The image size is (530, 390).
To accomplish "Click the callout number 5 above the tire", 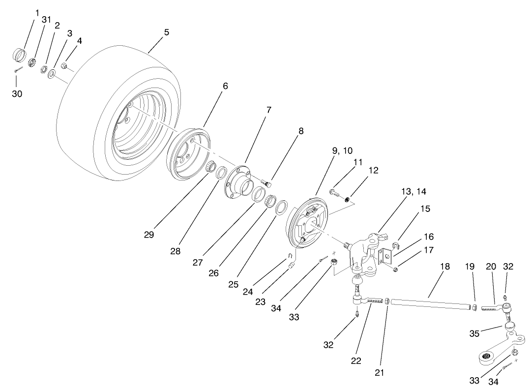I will tap(166, 32).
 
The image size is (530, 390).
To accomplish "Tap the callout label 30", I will tap(17, 93).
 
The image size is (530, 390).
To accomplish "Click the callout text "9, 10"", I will tap(342, 150).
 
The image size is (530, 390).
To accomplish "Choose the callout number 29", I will tap(149, 235).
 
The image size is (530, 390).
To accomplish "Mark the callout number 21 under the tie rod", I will tap(379, 372).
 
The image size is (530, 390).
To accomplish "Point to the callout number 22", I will tap(356, 360).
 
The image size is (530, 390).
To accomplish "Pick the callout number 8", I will tap(301, 131).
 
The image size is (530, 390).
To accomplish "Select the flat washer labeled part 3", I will tap(51, 74).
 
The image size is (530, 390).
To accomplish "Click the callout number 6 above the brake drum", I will tap(225, 86).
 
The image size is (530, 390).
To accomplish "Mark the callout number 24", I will tap(248, 292).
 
